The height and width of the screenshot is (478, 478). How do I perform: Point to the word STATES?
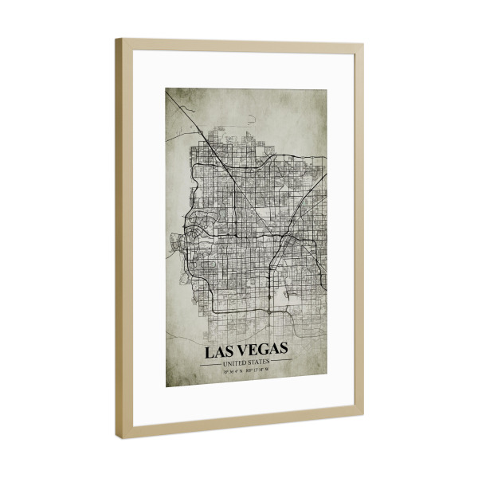[x=259, y=362]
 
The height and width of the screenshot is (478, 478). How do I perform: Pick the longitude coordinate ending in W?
[x=260, y=370]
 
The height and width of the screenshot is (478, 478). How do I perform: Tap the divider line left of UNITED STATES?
[x=211, y=363]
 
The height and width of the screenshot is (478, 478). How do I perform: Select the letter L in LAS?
[x=210, y=351]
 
